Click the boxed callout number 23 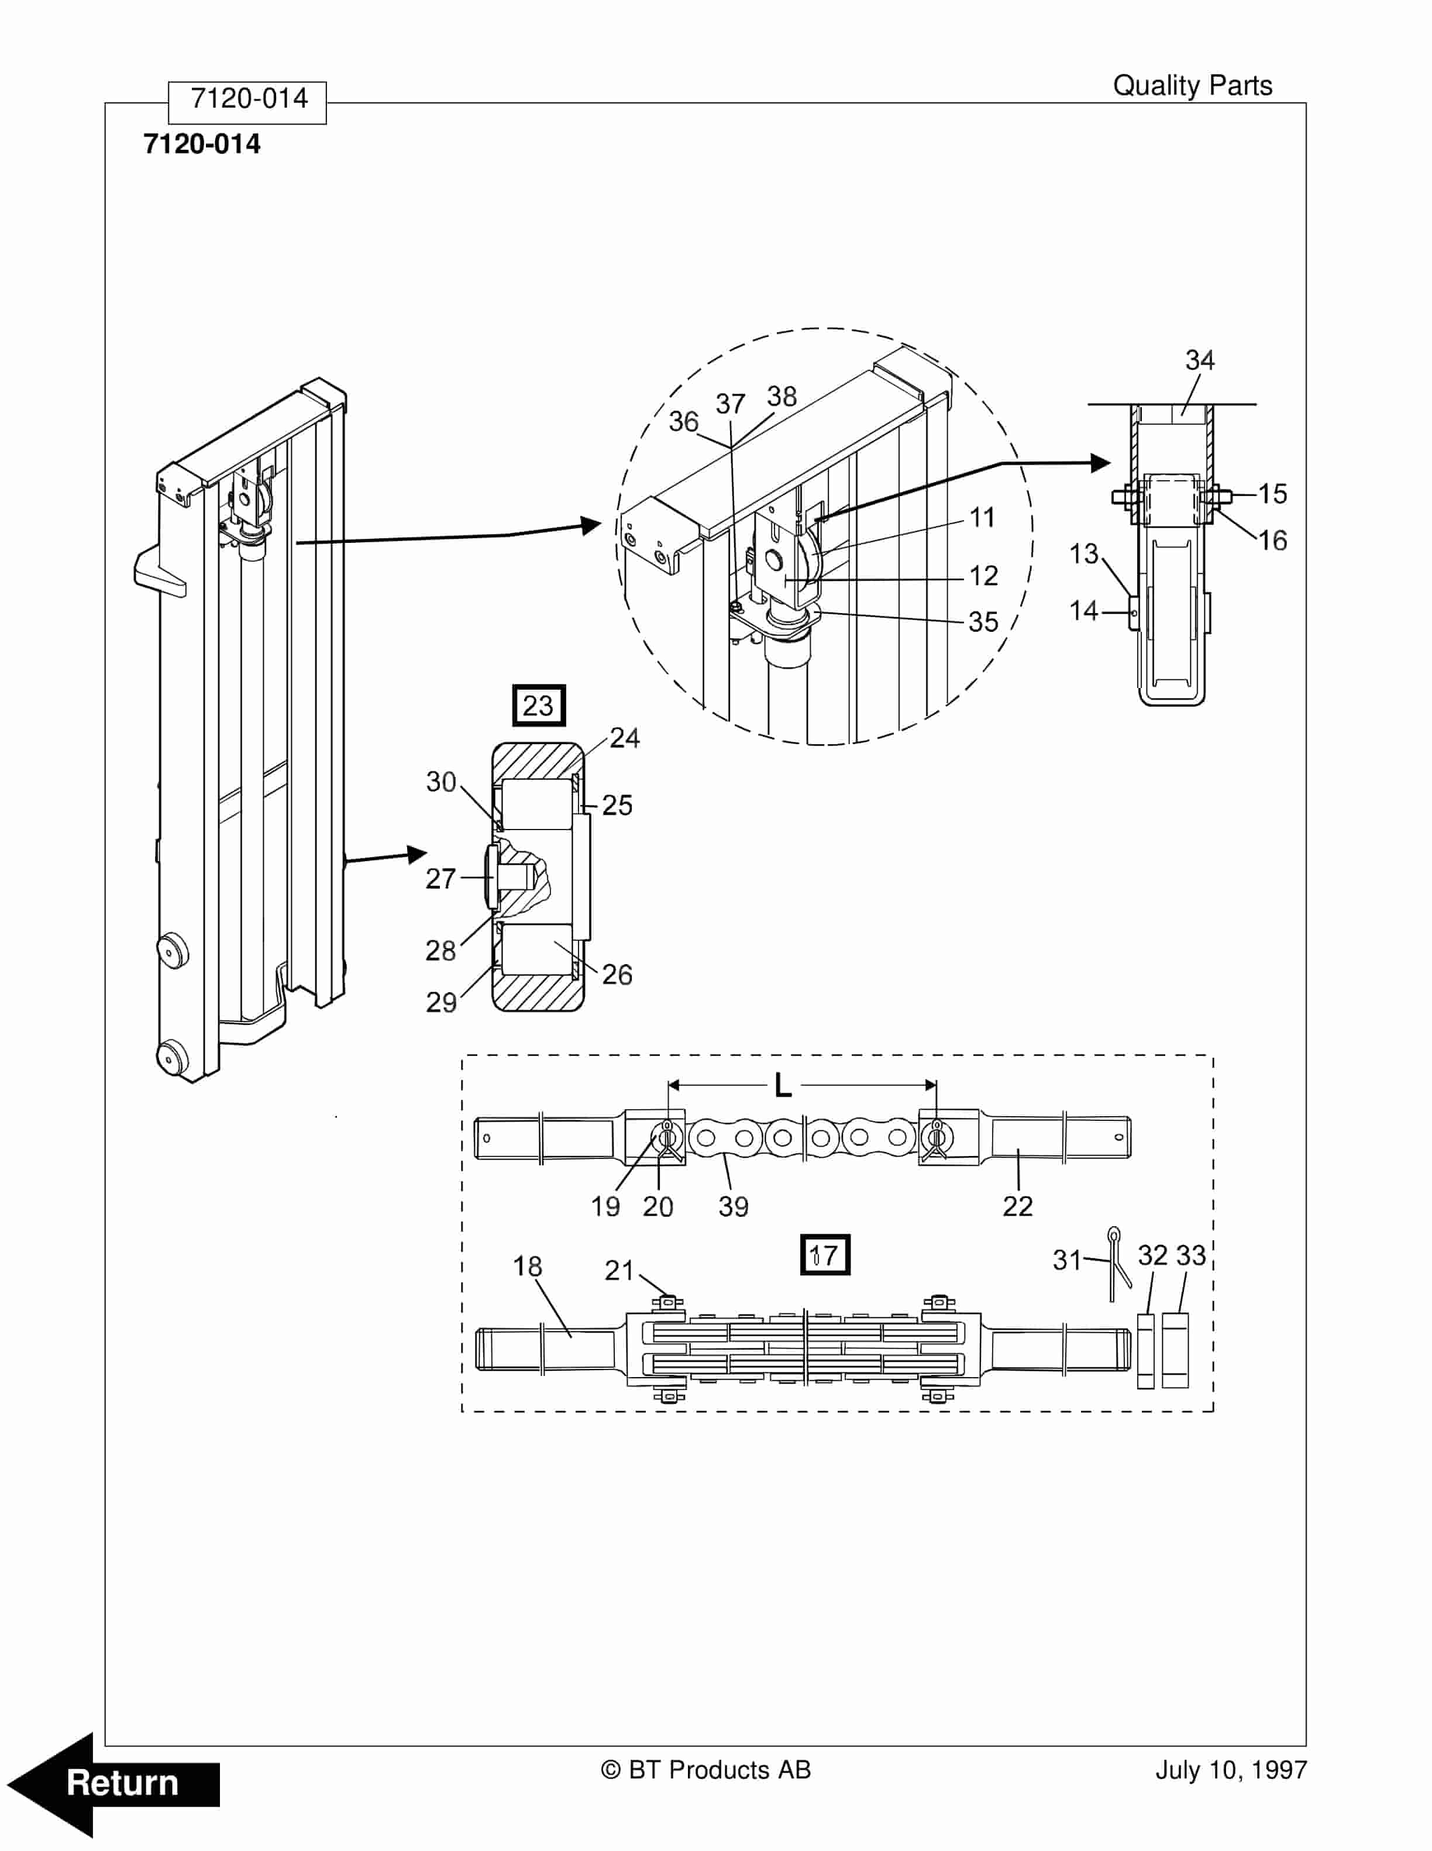[538, 705]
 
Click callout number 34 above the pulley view [1199, 360]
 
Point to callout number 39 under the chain [733, 1206]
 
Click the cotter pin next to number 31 [1118, 1262]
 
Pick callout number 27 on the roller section [440, 879]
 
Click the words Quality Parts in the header [1192, 85]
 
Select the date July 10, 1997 [1230, 1770]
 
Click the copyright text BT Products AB [706, 1770]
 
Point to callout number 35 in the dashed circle [983, 621]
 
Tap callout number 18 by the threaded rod [527, 1266]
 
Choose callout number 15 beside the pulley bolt [1272, 494]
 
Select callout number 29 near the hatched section [440, 1003]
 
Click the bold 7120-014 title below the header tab [202, 144]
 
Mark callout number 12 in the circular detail [983, 576]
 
